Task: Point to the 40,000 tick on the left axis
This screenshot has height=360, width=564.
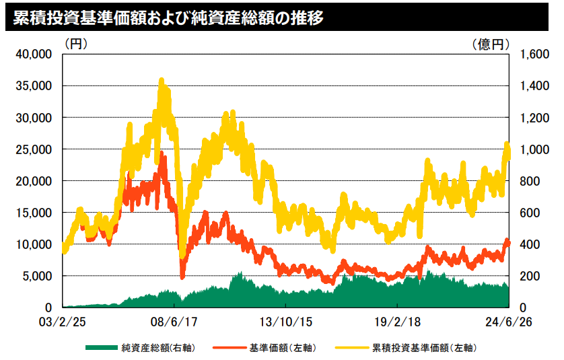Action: click(x=34, y=55)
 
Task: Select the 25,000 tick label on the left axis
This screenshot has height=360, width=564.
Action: click(x=34, y=149)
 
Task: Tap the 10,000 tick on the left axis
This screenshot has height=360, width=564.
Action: click(x=34, y=244)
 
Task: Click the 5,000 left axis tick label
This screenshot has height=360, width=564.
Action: click(x=36, y=276)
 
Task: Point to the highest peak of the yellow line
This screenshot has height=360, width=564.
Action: click(x=161, y=81)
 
